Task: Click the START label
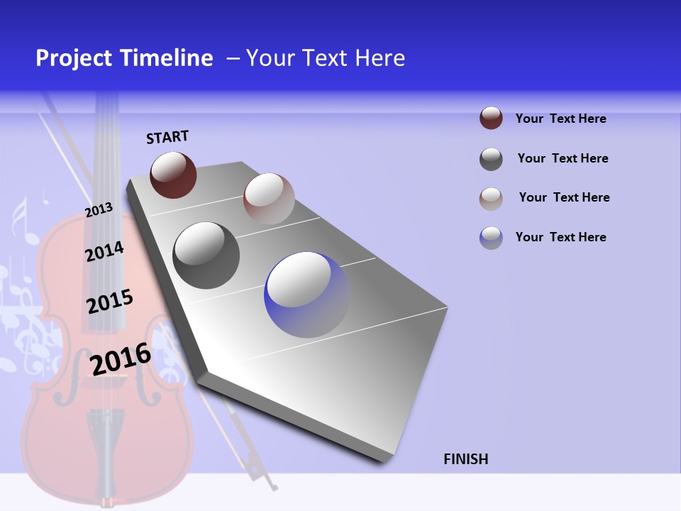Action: (x=167, y=137)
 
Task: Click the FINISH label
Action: (x=465, y=459)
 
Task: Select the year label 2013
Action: (x=99, y=210)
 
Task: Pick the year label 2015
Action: (x=110, y=302)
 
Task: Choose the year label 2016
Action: (x=121, y=359)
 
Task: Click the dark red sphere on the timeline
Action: (x=173, y=175)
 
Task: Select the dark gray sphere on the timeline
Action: (x=206, y=255)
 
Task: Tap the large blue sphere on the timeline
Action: (x=307, y=295)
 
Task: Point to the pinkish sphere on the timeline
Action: (x=269, y=199)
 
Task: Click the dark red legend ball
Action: (x=491, y=118)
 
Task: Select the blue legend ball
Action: (x=491, y=238)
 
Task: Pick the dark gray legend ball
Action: (x=491, y=159)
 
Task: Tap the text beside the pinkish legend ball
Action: (x=564, y=197)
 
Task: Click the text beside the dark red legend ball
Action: (x=560, y=119)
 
